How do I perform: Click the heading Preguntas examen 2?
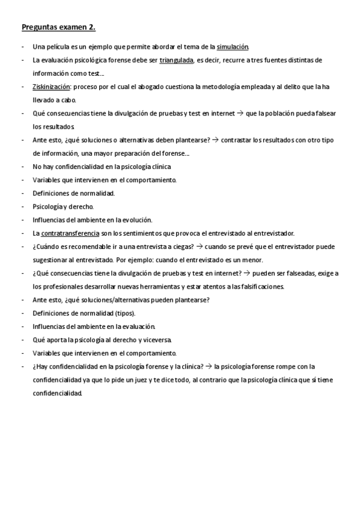click(x=58, y=28)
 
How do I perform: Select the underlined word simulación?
click(x=233, y=47)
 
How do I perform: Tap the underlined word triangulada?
click(x=176, y=60)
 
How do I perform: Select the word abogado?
click(x=166, y=87)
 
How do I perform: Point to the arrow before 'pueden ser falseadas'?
click(x=245, y=273)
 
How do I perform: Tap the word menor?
click(x=254, y=260)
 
